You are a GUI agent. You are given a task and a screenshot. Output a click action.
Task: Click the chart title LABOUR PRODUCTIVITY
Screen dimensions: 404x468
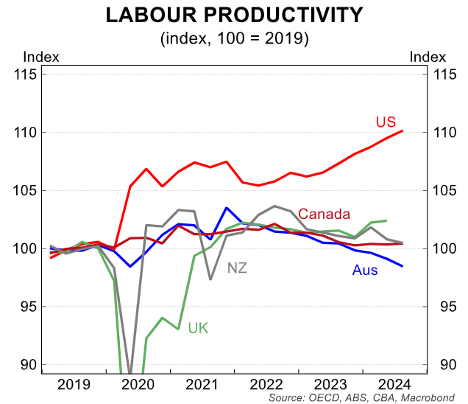point(234,15)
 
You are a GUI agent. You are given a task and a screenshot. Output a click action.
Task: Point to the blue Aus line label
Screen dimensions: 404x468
point(364,270)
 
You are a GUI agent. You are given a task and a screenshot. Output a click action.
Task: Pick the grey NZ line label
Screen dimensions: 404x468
point(236,268)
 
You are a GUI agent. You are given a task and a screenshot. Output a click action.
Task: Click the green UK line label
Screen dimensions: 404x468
point(199,328)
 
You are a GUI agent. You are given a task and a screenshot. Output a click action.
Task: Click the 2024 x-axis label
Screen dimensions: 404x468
point(394,385)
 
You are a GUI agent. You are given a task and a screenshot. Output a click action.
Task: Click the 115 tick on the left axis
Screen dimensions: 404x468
point(25,74)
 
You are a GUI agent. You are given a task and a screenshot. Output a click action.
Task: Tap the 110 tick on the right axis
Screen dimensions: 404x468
point(444,133)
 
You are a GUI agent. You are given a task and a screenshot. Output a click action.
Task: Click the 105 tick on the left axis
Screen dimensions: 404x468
point(25,191)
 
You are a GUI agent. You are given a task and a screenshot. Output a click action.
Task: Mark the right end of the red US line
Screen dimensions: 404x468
point(403,131)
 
